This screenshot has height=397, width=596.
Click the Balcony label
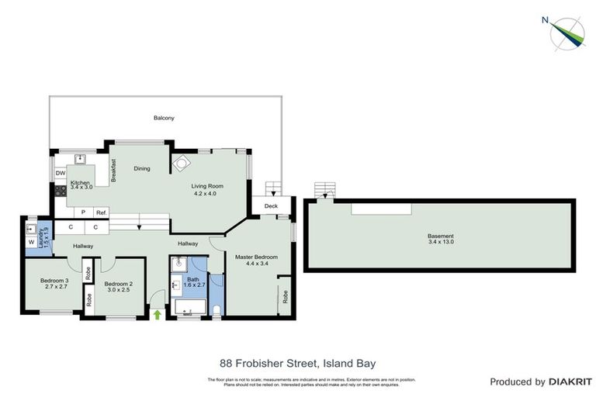[164, 118]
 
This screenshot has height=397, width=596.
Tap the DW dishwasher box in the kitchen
[60, 174]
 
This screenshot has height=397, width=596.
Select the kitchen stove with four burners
[58, 188]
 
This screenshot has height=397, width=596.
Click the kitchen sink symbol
[79, 158]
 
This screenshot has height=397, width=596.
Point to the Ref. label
[102, 212]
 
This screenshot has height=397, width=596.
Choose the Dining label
[141, 168]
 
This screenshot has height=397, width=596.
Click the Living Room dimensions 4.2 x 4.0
[208, 194]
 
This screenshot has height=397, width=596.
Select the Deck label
[271, 206]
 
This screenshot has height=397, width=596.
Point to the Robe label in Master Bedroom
[286, 296]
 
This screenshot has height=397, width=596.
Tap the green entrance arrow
[158, 314]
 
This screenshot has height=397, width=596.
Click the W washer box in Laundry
[31, 243]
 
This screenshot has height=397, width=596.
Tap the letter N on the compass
[546, 20]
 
